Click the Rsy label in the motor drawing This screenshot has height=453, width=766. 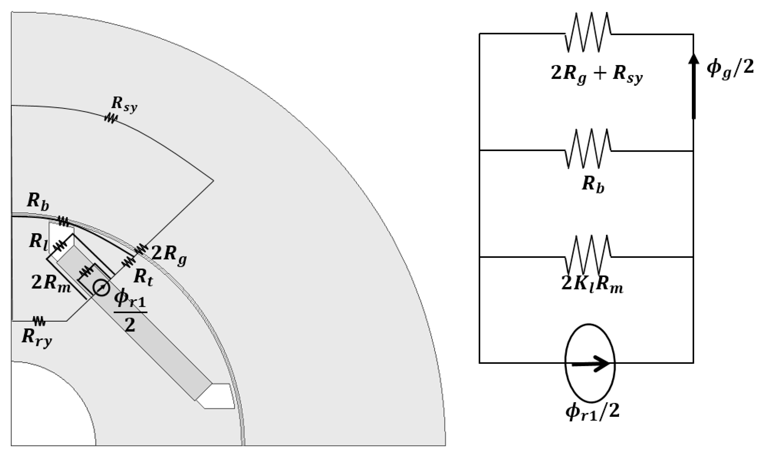[x=124, y=104]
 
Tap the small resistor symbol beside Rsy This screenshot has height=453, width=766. [x=111, y=118]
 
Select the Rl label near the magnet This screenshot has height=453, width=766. [x=38, y=242]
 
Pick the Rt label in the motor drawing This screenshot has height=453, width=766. [x=143, y=278]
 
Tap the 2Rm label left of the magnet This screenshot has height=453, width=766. [x=51, y=283]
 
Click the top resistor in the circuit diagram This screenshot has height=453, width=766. [x=588, y=32]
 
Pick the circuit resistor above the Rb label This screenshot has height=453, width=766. [x=588, y=149]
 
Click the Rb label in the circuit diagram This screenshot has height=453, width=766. [x=593, y=184]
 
